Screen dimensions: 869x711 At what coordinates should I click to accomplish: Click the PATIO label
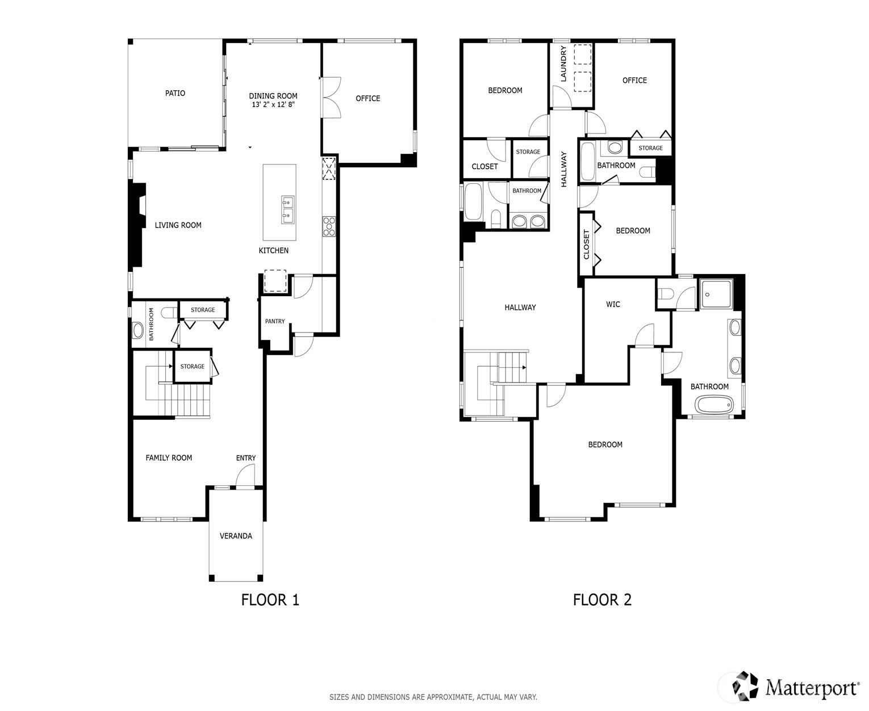tap(175, 93)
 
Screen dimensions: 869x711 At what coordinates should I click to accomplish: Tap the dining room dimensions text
tap(273, 104)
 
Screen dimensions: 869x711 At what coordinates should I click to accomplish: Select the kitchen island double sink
tap(287, 210)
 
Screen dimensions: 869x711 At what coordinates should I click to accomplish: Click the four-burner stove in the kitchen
tap(329, 226)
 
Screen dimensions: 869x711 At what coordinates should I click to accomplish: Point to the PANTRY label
tap(275, 321)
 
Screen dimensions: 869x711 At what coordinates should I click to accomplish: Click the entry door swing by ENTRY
tap(245, 475)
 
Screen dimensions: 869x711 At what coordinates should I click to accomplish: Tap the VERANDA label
tap(236, 536)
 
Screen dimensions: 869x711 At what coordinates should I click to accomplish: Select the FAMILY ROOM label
tap(169, 457)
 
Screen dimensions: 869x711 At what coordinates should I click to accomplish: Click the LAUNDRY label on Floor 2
tap(563, 64)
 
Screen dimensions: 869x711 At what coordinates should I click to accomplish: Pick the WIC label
tap(613, 304)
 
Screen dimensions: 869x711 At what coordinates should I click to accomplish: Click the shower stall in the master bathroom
tap(717, 294)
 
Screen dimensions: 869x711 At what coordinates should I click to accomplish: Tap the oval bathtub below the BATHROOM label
tap(715, 404)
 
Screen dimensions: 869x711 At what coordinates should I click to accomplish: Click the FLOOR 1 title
tap(270, 599)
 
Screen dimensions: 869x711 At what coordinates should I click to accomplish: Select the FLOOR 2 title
tap(602, 599)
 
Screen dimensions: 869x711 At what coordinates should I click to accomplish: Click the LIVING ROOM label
tap(178, 225)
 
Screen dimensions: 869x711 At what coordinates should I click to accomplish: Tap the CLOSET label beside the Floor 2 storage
tap(484, 166)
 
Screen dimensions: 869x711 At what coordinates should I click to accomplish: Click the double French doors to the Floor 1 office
tap(331, 98)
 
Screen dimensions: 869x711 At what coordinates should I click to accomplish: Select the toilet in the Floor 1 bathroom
tap(169, 313)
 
